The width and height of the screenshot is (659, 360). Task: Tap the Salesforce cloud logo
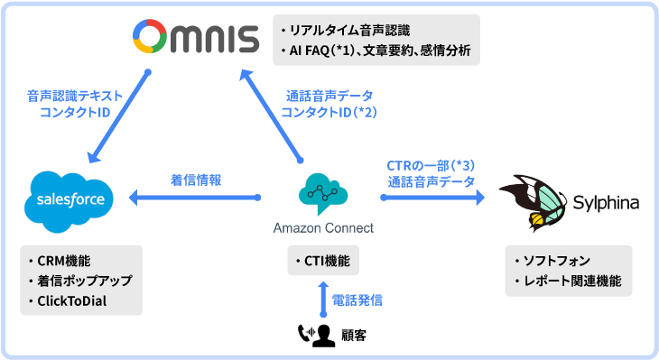point(68,198)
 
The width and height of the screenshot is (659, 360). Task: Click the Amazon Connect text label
point(323,227)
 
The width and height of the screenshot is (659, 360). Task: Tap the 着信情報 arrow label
point(196,180)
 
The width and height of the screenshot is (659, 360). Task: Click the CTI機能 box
point(323,262)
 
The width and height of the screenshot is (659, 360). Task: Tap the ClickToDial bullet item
point(72,300)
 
